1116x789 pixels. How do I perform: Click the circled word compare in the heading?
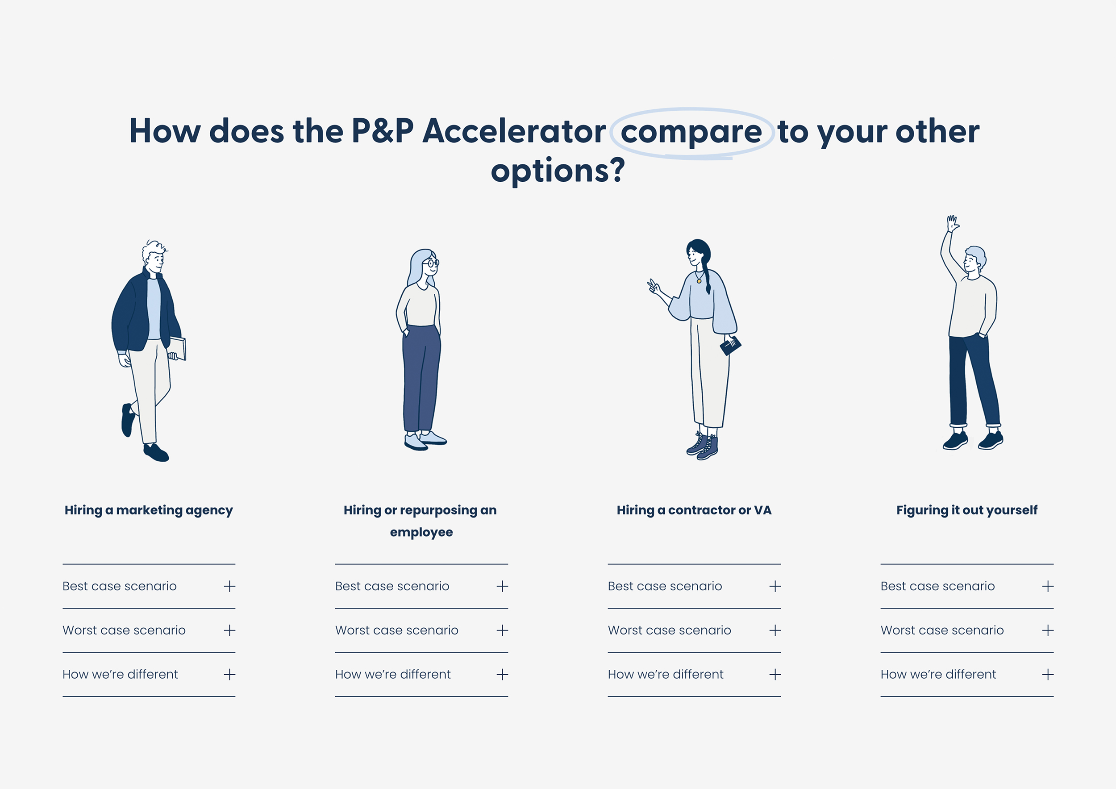point(691,133)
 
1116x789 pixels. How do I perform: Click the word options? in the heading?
point(558,171)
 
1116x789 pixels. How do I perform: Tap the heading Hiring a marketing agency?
point(149,510)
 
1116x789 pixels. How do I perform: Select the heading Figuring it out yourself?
point(967,510)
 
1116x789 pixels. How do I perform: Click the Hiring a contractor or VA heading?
point(694,510)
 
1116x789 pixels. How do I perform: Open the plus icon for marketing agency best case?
point(229,586)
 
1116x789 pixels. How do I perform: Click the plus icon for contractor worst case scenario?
point(775,630)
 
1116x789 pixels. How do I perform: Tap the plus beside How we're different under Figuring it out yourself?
point(1048,674)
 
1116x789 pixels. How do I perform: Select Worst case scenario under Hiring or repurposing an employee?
point(397,630)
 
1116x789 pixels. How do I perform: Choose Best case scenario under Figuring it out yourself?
point(937,586)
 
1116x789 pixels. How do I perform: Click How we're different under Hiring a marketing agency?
point(120,674)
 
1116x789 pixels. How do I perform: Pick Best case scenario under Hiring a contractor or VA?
point(665,586)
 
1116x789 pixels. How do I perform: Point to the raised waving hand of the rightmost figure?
point(953,224)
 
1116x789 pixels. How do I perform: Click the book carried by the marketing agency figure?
point(178,349)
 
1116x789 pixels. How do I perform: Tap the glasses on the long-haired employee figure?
point(431,263)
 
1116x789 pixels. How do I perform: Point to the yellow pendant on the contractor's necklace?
point(699,281)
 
